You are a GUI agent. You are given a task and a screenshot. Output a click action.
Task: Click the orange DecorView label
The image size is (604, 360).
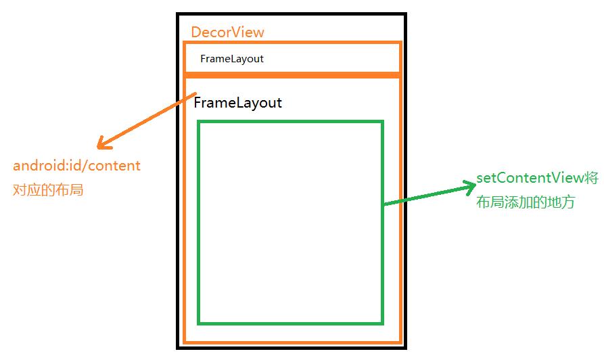[227, 32]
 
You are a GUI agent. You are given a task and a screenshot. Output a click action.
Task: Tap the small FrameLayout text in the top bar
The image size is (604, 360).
[232, 59]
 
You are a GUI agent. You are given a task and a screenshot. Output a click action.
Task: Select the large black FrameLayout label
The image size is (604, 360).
[237, 103]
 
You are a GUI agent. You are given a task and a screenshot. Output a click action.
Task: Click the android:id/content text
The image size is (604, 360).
[76, 166]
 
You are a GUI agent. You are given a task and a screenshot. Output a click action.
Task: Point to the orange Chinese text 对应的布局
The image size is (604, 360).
[48, 190]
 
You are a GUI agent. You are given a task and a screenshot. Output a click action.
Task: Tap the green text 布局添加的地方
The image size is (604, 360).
[525, 202]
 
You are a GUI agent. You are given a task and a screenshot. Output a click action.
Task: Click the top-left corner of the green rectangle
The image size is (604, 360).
[199, 122]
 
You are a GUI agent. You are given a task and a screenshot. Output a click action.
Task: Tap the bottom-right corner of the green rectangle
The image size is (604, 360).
[382, 323]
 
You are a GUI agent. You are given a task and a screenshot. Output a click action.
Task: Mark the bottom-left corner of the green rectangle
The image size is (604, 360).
[199, 323]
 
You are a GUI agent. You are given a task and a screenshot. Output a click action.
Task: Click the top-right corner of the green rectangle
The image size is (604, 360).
[382, 122]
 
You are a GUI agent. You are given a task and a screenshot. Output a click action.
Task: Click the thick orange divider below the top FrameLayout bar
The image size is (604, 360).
[292, 74]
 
